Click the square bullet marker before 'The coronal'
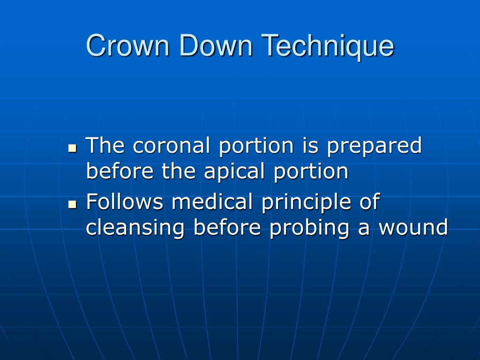pyautogui.click(x=72, y=148)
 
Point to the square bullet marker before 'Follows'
pyautogui.click(x=72, y=204)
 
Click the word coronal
pyautogui.click(x=172, y=146)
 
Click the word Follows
pyautogui.click(x=125, y=202)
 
